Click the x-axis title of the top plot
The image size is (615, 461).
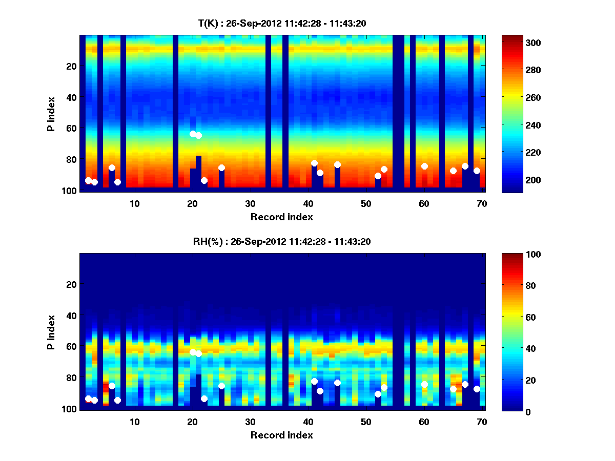[281, 217]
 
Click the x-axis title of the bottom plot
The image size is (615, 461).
[281, 435]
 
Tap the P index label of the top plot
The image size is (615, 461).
[51, 113]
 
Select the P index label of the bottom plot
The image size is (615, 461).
[51, 331]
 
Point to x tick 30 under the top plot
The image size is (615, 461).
[250, 203]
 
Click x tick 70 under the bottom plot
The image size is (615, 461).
[482, 422]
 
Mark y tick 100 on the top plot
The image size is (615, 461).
[71, 191]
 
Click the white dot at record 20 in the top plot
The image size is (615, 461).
[193, 134]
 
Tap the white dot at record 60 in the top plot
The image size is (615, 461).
[424, 166]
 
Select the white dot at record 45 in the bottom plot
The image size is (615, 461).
[337, 383]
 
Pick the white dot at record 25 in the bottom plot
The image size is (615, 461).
[221, 386]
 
